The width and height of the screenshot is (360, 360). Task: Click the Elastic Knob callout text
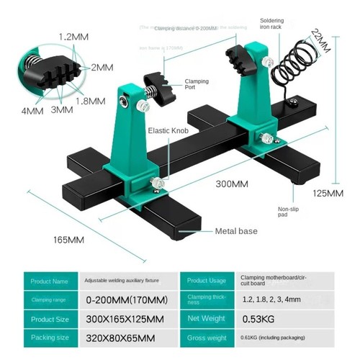tap(169, 132)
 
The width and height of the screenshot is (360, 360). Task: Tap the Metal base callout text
tap(236, 231)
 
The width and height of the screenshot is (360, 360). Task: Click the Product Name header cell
tap(50, 281)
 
